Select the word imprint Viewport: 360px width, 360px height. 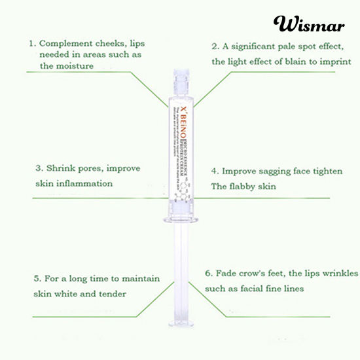pyautogui.click(x=334, y=62)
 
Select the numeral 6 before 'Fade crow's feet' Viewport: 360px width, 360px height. pyautogui.click(x=208, y=272)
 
